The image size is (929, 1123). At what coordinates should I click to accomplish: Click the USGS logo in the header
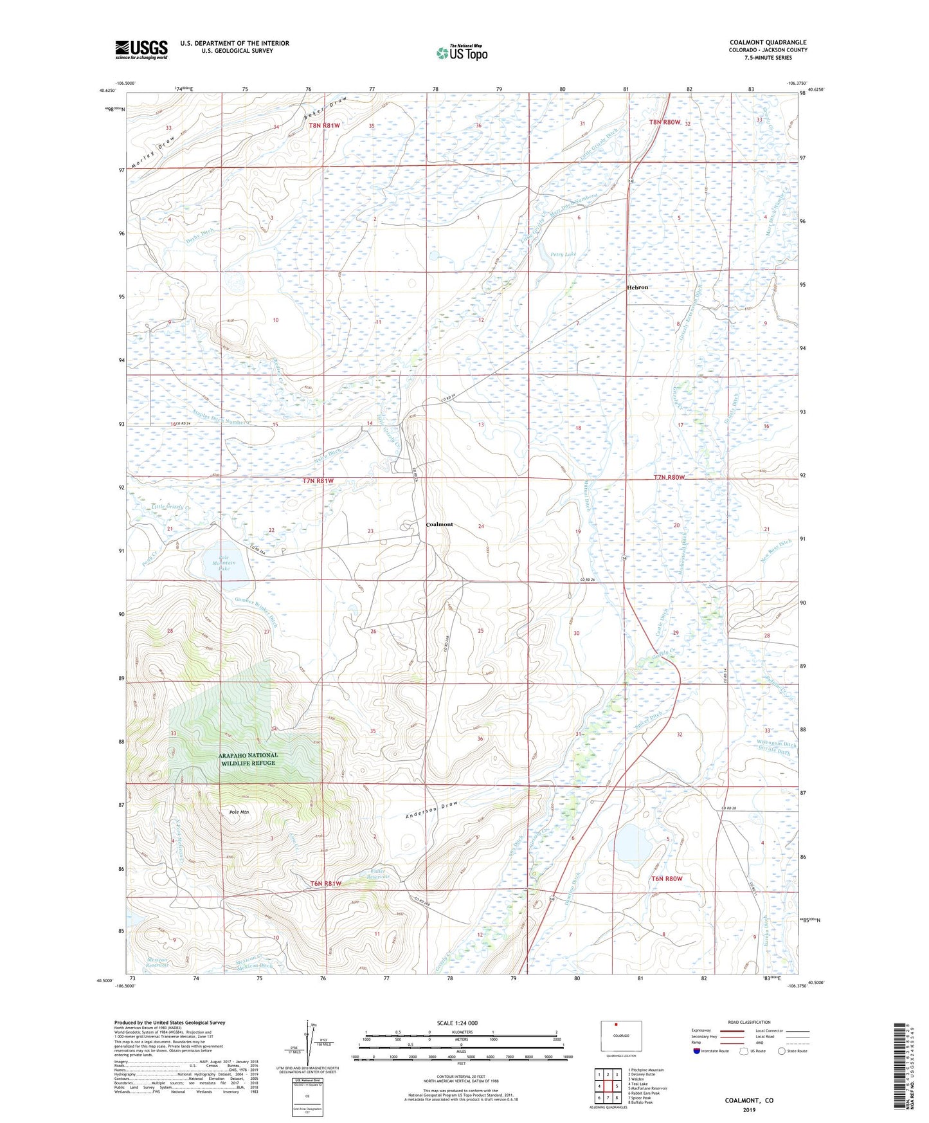tap(141, 50)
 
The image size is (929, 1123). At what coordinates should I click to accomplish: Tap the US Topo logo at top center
tap(462, 53)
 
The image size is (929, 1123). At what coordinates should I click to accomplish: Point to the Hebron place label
tap(638, 288)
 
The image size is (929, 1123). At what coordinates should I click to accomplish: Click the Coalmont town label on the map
tap(439, 524)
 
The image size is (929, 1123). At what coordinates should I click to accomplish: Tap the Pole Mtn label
tap(239, 812)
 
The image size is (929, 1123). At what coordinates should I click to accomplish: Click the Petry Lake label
tap(563, 255)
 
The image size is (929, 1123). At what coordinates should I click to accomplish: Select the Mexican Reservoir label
tap(156, 962)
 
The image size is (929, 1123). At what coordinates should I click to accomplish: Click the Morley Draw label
tap(152, 154)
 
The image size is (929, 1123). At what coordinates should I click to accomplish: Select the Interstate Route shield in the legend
tap(697, 1051)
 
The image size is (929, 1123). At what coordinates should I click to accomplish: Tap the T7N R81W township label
tap(319, 481)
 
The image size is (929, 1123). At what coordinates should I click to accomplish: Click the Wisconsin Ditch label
tap(776, 745)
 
